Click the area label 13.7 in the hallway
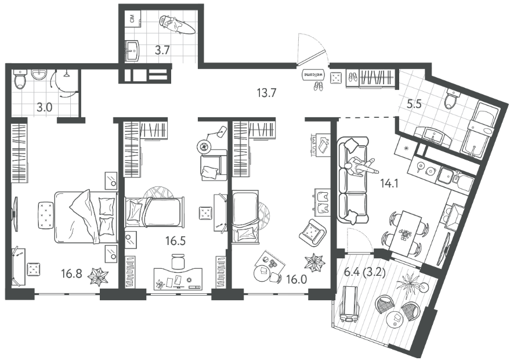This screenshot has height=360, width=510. point(266,93)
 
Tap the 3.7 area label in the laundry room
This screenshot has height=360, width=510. point(162,51)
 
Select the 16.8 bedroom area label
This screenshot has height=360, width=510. point(71,274)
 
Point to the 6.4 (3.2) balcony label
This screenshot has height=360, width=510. point(364,272)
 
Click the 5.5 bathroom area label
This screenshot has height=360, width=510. point(414,104)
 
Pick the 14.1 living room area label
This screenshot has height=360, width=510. point(389,184)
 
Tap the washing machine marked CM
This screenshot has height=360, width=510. point(133,19)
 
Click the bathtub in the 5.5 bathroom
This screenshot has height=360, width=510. point(480,130)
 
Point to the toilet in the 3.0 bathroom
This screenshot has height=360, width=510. point(20,79)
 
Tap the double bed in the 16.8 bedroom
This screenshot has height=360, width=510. point(86,217)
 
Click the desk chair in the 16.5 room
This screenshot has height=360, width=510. point(178,261)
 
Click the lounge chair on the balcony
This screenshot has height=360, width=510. point(349,304)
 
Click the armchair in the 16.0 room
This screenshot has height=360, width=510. point(312,232)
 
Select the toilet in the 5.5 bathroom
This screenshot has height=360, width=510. point(452,98)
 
